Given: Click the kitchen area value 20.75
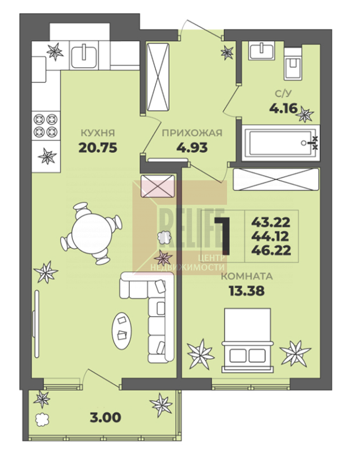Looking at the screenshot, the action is (98, 148).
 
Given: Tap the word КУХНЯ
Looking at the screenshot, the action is (97, 133).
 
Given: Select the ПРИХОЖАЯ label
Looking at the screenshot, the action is (192, 133).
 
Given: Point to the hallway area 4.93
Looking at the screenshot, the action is (192, 148).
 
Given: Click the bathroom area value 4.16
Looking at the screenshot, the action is (283, 109).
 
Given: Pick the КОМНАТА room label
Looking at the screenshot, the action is (247, 276).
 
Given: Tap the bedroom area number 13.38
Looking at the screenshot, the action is (246, 290).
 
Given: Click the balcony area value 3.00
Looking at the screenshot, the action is (106, 418).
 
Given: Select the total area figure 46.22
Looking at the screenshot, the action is (271, 250).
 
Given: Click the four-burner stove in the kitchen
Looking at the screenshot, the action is (46, 126).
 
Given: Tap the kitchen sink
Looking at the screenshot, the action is (84, 56).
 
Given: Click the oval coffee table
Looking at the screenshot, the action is (122, 331).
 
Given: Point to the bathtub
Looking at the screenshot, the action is (281, 143).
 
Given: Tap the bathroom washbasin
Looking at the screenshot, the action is (262, 51).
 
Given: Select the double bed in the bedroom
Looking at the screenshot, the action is (248, 340).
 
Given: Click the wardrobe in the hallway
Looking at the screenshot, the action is (158, 77).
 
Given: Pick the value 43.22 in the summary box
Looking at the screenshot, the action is (271, 223).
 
